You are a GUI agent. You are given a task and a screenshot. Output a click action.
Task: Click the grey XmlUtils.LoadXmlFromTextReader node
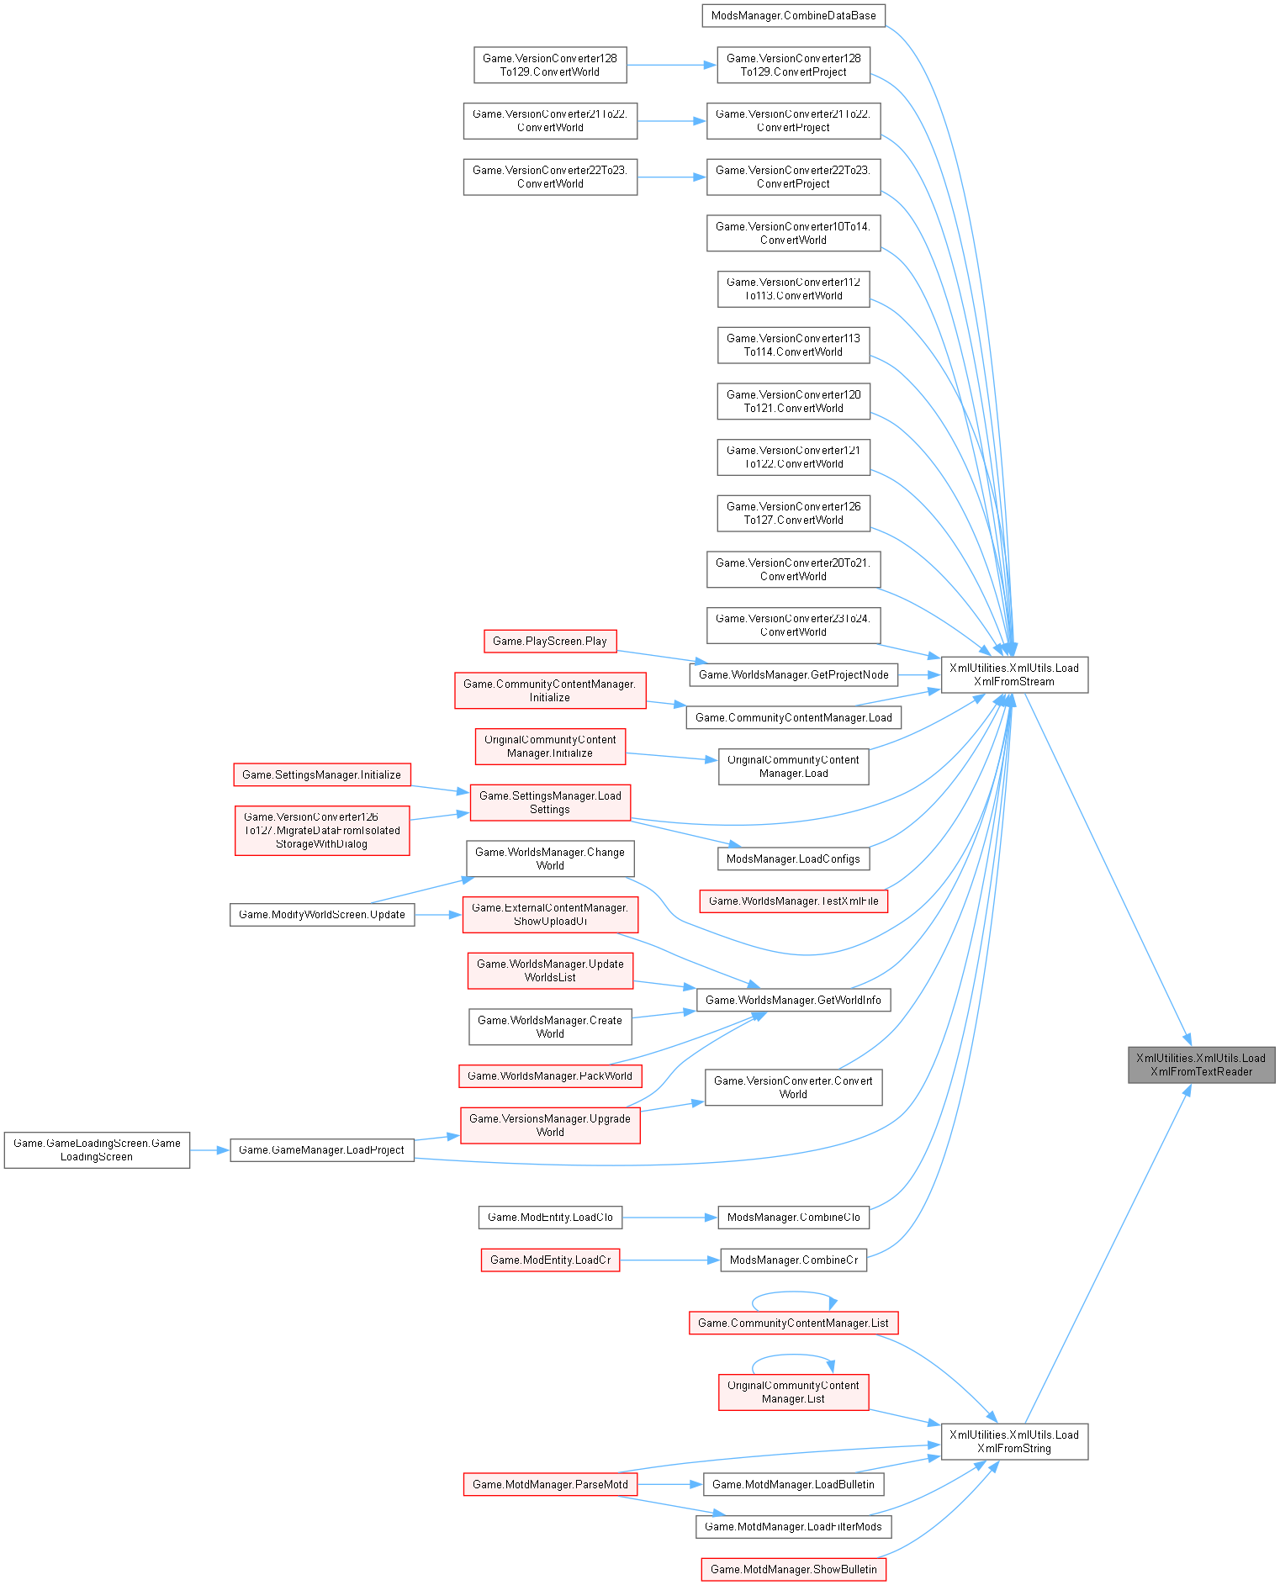pyautogui.click(x=1201, y=1065)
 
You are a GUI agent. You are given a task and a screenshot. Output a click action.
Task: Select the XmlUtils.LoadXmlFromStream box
pyautogui.click(x=1013, y=674)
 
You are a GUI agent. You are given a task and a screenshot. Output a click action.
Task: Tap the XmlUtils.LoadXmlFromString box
pyautogui.click(x=1013, y=1441)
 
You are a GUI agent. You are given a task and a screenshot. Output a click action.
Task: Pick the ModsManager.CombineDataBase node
pyautogui.click(x=793, y=15)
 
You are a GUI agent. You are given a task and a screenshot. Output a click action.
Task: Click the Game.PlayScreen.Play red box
pyautogui.click(x=550, y=641)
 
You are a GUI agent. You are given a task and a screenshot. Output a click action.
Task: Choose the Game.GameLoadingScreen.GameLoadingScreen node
pyautogui.click(x=97, y=1149)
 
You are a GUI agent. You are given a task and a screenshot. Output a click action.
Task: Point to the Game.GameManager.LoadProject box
pyautogui.click(x=322, y=1149)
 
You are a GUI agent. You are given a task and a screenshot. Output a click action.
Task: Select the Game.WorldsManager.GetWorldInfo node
pyautogui.click(x=793, y=1000)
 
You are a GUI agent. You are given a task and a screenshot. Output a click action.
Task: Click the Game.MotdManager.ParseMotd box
pyautogui.click(x=550, y=1484)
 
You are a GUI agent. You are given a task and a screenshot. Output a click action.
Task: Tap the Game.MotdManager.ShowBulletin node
pyautogui.click(x=793, y=1569)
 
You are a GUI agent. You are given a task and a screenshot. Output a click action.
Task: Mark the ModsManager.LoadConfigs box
pyautogui.click(x=793, y=859)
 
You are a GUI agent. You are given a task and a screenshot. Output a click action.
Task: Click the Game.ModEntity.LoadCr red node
pyautogui.click(x=550, y=1260)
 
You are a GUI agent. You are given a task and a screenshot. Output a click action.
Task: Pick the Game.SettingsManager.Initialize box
pyautogui.click(x=321, y=774)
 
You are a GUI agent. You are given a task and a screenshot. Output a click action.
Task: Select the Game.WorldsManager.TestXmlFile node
pyautogui.click(x=793, y=901)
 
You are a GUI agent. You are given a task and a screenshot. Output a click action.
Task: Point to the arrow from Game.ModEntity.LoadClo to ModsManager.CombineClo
pyautogui.click(x=669, y=1217)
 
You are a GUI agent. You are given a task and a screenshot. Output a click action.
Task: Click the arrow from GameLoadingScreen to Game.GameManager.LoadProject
pyautogui.click(x=209, y=1149)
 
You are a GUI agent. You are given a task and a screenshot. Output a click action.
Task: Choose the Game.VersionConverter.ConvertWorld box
pyautogui.click(x=793, y=1087)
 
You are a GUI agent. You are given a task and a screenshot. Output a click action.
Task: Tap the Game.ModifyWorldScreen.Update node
pyautogui.click(x=322, y=914)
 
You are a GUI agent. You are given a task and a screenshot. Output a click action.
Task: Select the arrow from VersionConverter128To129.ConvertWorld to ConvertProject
pyautogui.click(x=671, y=65)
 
